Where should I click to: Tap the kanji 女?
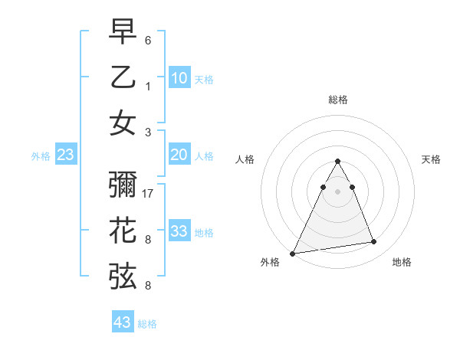(x=123, y=123)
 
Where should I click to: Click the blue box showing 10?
(x=179, y=78)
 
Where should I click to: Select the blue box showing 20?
(x=179, y=155)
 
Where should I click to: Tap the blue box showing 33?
(x=179, y=232)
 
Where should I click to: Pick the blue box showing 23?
(x=66, y=155)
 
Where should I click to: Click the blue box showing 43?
(x=122, y=322)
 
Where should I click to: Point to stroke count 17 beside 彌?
(x=149, y=194)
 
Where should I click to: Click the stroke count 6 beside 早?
(x=149, y=39)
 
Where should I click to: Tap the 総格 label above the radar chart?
(x=337, y=100)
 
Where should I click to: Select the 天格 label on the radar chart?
(x=432, y=159)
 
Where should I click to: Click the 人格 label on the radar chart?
(x=245, y=159)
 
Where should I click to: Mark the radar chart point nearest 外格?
(x=293, y=253)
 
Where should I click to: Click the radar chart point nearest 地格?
(x=374, y=242)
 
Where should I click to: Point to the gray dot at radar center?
(x=337, y=191)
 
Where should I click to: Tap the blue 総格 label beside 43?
(x=147, y=324)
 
